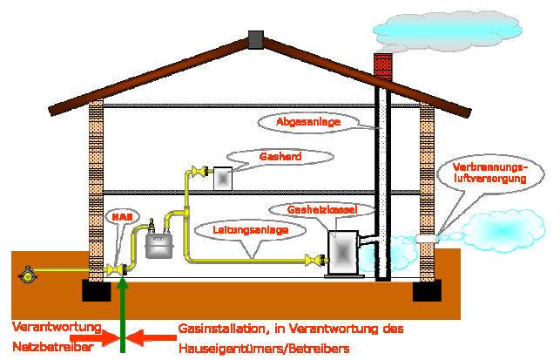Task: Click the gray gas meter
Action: pyautogui.click(x=158, y=244)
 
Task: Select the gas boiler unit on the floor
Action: pyautogui.click(x=344, y=253)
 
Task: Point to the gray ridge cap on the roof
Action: pyautogui.click(x=255, y=38)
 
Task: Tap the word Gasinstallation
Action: pyautogui.click(x=214, y=329)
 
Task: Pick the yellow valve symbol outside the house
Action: pyautogui.click(x=29, y=275)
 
